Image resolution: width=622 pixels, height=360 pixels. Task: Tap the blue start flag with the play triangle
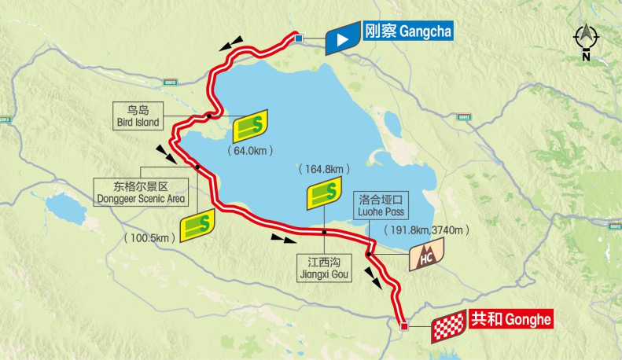(342, 39)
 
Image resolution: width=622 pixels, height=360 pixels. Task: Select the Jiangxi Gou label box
(323, 268)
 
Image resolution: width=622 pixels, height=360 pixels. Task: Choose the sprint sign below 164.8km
(323, 192)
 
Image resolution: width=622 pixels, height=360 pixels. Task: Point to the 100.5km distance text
(149, 237)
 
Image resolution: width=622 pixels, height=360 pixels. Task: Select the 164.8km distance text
(322, 169)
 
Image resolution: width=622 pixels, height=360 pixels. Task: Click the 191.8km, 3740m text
(427, 230)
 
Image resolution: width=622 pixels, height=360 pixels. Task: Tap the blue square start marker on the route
(299, 39)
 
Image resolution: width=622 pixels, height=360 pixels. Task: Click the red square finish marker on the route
(405, 325)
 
